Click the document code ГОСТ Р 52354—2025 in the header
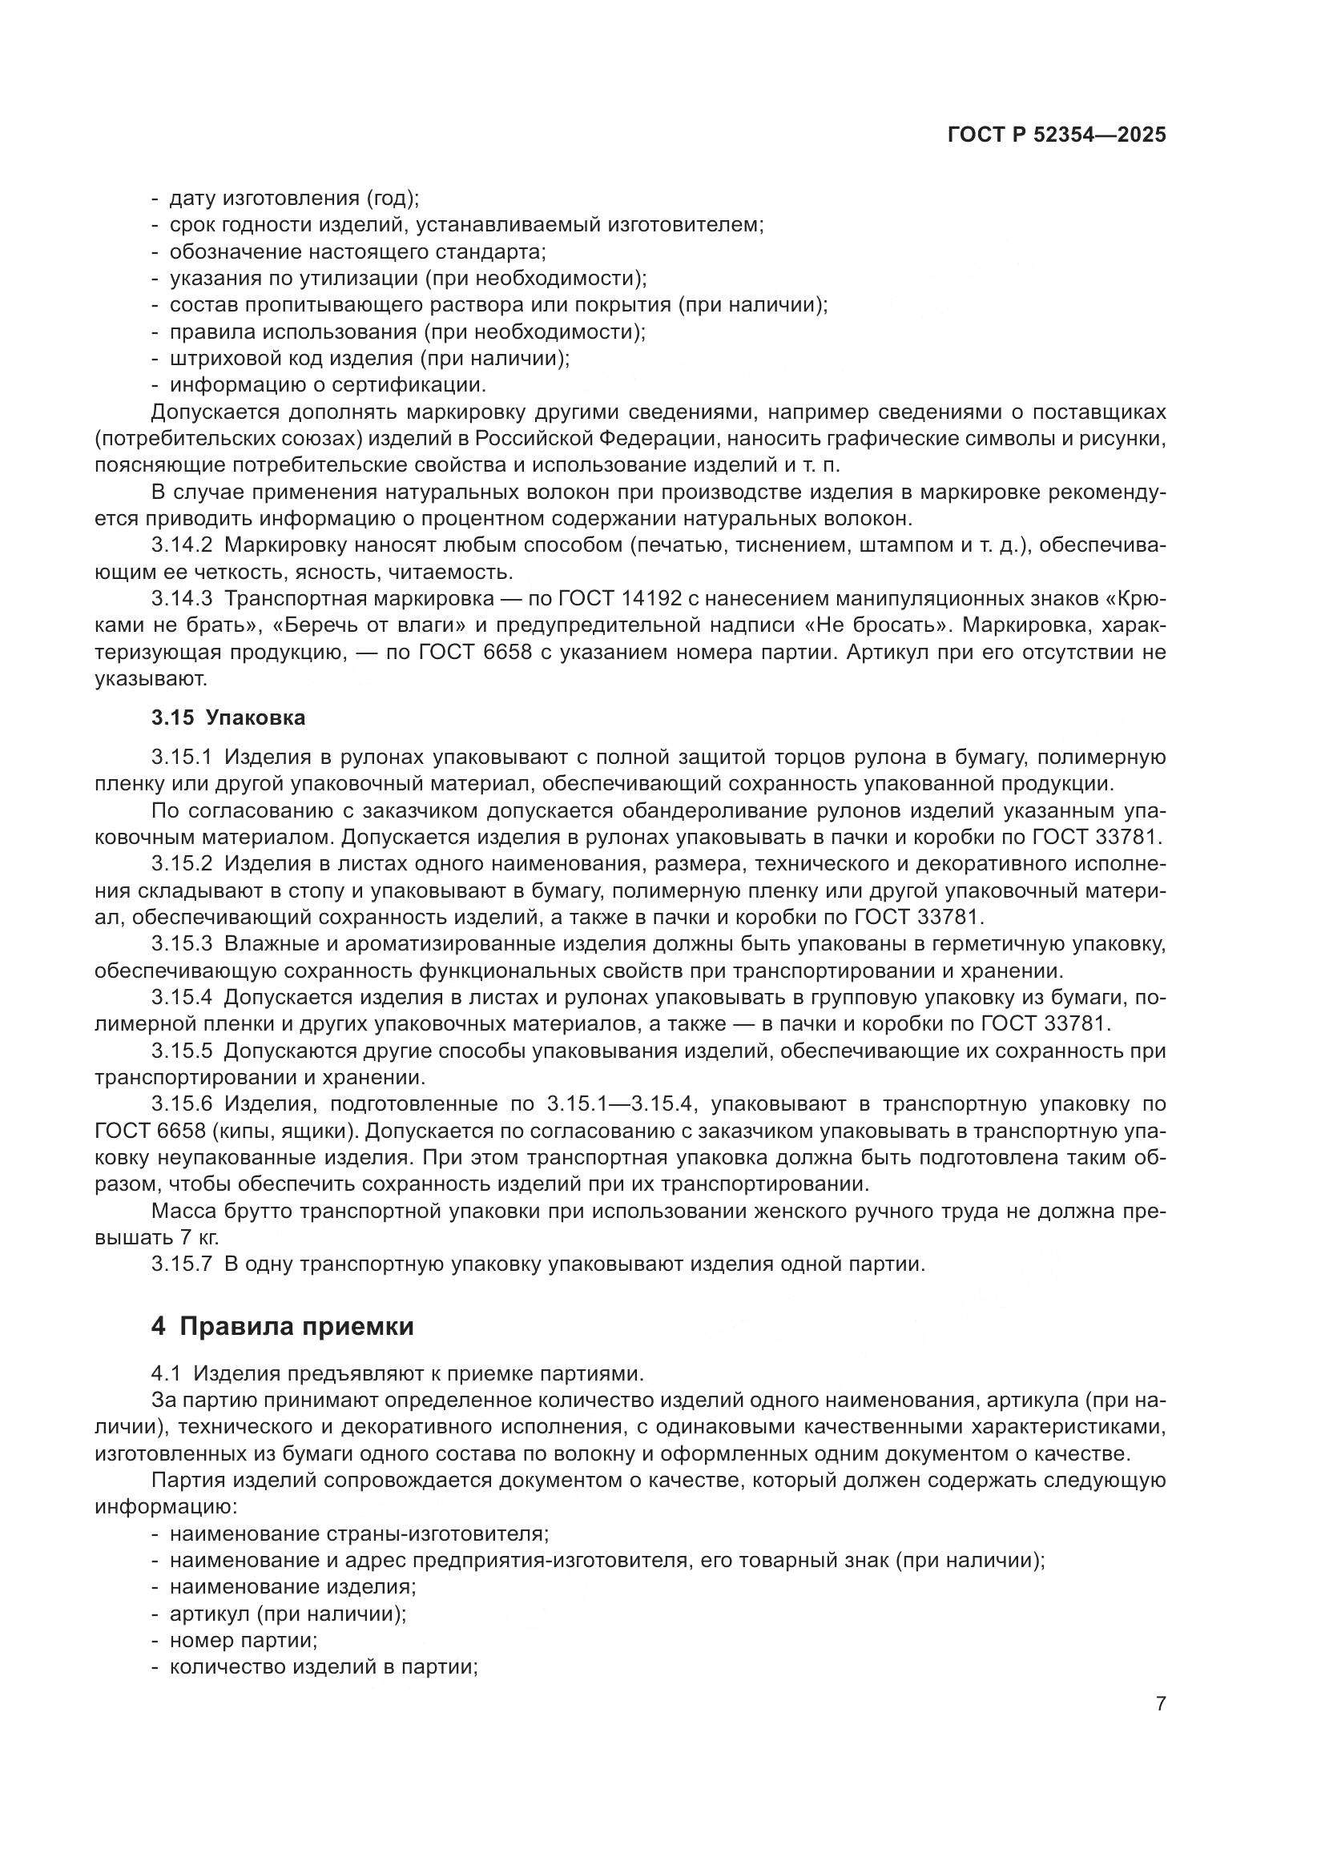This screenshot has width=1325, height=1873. (x=1057, y=135)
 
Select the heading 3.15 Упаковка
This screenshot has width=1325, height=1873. (x=228, y=717)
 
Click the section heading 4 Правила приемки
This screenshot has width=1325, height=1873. (x=282, y=1326)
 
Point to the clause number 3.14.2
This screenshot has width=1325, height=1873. (x=181, y=545)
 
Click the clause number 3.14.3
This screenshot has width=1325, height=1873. (x=181, y=599)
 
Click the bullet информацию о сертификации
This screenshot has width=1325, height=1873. (x=327, y=384)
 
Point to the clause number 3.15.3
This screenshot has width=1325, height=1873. (x=181, y=945)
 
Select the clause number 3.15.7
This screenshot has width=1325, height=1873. (x=181, y=1265)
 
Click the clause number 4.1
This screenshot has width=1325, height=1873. (x=166, y=1374)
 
